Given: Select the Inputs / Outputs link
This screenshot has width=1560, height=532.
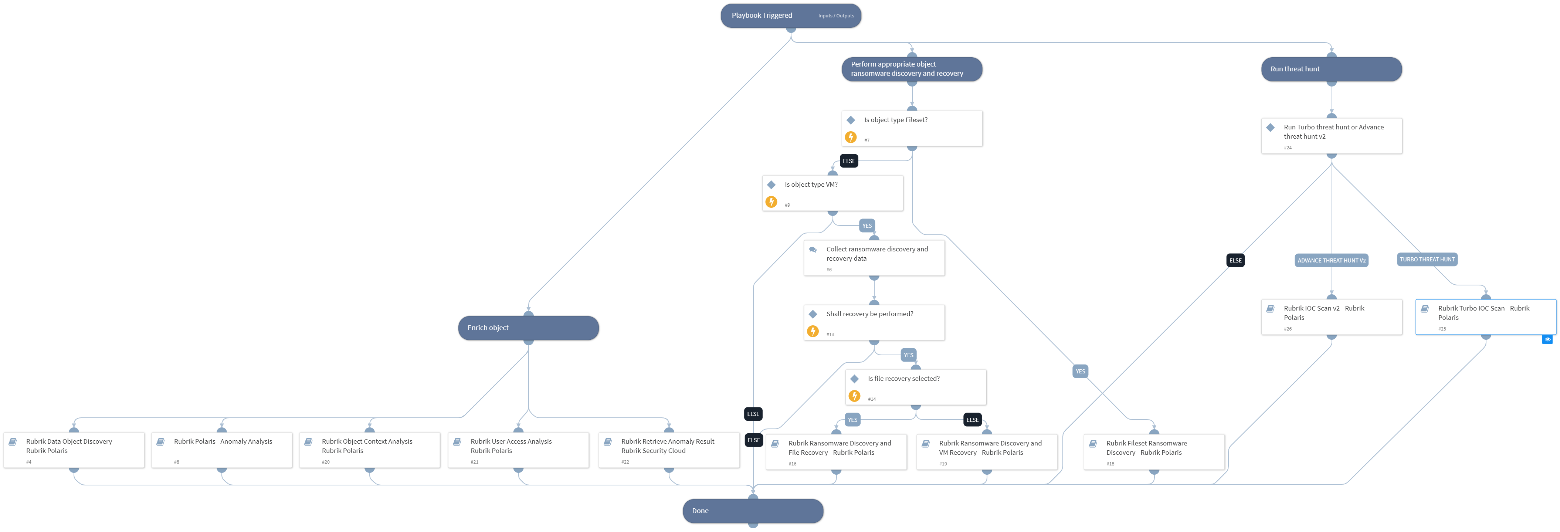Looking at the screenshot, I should (x=836, y=16).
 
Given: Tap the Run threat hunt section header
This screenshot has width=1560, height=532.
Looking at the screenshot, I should (x=1331, y=69).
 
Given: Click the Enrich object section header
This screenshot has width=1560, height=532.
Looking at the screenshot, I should (x=528, y=328).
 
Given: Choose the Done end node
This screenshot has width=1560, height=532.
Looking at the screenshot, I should (x=753, y=511).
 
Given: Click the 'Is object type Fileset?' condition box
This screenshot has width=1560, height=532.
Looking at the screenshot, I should (x=911, y=128).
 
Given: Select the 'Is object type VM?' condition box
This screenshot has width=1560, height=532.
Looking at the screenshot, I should (x=832, y=193).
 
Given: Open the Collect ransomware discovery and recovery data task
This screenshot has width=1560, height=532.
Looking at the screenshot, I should (x=874, y=258).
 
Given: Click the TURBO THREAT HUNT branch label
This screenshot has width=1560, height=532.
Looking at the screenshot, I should (x=1427, y=259).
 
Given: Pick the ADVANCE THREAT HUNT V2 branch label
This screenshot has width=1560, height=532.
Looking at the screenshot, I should (x=1331, y=261).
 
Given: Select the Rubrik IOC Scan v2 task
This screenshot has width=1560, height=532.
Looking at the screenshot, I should (x=1331, y=316).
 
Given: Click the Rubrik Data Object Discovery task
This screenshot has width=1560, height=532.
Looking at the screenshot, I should (x=74, y=450).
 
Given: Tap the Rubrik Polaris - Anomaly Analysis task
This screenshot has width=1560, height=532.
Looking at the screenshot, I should (x=222, y=450).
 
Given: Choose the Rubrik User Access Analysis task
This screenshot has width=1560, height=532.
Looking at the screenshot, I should (x=518, y=450).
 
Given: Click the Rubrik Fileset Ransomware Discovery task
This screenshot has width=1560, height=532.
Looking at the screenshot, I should (x=1154, y=451).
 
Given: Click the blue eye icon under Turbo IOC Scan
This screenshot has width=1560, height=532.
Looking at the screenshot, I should (x=1547, y=339).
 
